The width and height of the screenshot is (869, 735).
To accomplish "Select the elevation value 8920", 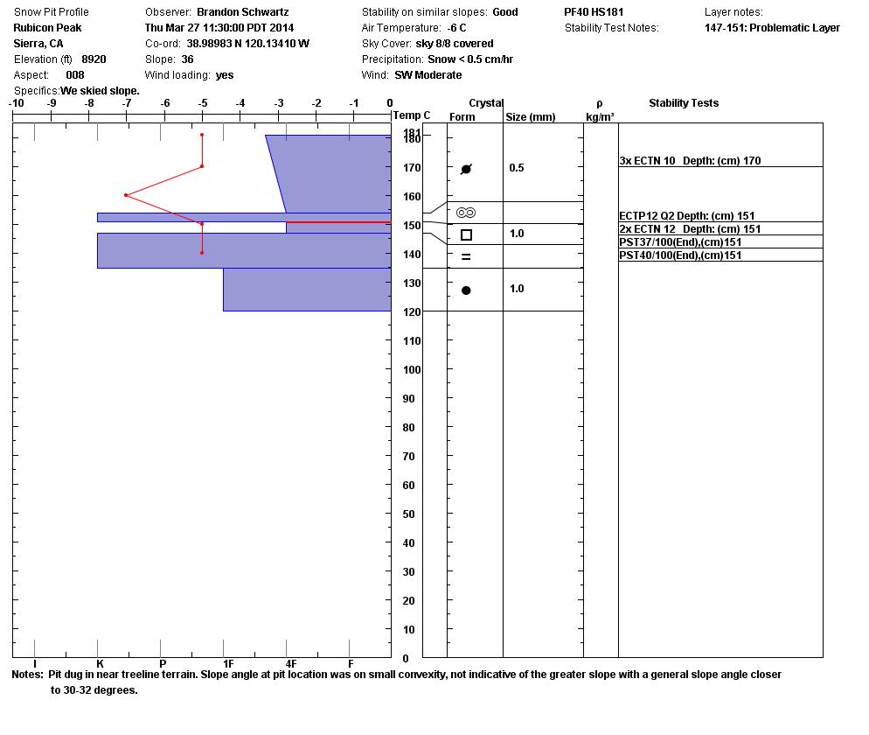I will coord(94,59).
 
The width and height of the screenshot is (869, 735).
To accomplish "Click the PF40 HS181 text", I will coord(594,12).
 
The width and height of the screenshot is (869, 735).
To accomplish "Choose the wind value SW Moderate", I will coord(428,75).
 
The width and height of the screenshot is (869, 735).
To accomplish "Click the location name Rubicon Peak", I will coord(47,28).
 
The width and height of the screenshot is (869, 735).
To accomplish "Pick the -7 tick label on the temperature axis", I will coord(127,103).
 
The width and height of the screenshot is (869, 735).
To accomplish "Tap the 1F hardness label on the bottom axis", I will coord(228,664).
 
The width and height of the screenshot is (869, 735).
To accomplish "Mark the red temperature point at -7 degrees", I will coord(127,195).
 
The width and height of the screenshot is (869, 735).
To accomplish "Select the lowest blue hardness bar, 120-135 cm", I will coord(307,290).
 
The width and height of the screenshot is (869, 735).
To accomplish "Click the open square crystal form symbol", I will coord(466,234).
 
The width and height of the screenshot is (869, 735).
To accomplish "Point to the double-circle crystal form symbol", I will coord(466,213).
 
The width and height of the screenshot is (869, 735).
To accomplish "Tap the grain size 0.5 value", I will coord(517,168).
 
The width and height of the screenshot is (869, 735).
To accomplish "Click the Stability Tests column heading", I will coord(684,103).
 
